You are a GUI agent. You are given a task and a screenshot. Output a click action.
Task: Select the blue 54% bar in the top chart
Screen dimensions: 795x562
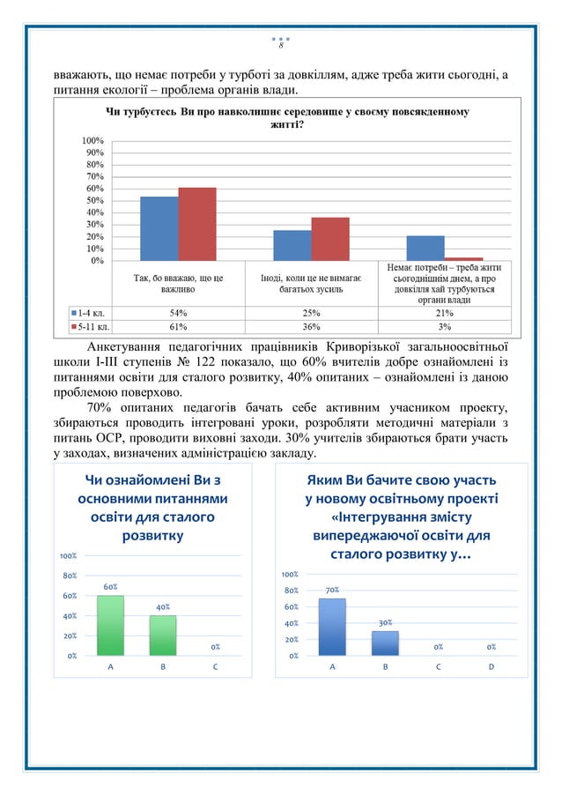159,228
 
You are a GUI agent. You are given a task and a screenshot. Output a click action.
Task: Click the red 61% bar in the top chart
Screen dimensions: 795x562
196,224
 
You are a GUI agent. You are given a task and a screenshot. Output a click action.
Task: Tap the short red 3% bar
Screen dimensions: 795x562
463,258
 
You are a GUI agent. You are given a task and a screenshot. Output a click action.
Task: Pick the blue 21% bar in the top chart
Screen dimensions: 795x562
425,248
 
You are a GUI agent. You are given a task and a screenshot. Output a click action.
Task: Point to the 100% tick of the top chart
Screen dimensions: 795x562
92,141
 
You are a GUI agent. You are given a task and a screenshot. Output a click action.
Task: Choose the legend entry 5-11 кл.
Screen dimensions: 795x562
91,326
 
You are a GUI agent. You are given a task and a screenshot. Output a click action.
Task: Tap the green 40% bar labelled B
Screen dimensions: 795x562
163,635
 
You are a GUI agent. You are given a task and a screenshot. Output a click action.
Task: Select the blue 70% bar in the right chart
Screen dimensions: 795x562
332,627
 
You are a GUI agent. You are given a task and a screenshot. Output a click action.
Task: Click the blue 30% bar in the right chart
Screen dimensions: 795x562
385,643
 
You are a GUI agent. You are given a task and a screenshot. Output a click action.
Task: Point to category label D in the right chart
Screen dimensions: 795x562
491,667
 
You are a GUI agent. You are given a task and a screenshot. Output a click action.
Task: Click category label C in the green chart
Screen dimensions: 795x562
215,667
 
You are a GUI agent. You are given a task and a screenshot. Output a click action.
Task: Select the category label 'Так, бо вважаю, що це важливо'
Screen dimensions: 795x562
178,283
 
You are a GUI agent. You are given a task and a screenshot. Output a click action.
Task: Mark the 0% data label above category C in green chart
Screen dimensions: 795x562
215,647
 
